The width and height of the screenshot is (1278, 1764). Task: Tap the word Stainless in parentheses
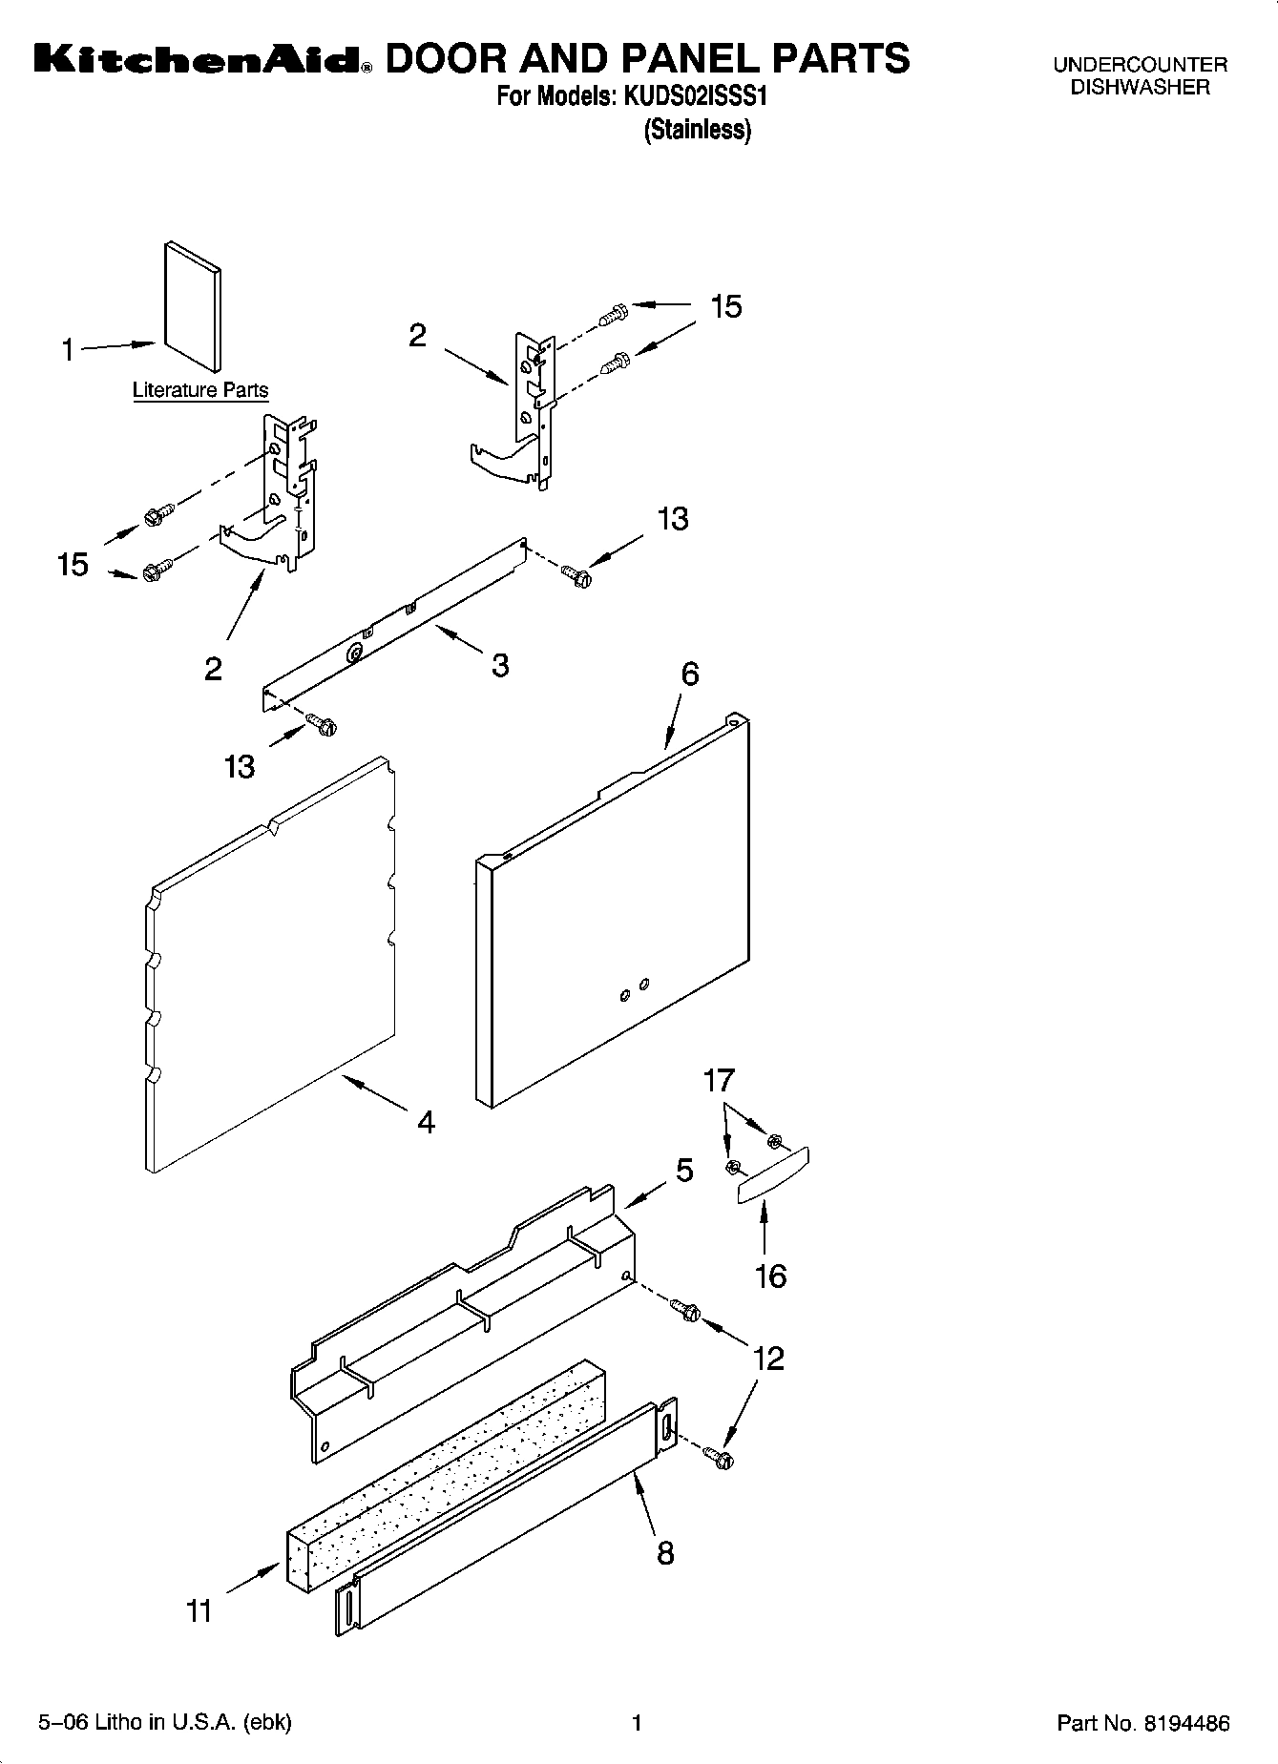(698, 130)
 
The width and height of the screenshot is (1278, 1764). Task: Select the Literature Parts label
(200, 390)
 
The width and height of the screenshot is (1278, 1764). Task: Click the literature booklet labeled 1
(193, 305)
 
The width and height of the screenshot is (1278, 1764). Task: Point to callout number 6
(689, 674)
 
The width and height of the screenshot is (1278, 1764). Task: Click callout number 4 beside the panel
(426, 1122)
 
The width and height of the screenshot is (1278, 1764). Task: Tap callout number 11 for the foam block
(199, 1611)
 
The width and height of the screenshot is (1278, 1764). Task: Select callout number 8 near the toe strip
(665, 1552)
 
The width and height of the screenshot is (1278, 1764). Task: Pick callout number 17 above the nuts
(719, 1081)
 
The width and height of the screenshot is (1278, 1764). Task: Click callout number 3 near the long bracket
(500, 664)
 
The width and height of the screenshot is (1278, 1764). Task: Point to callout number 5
(684, 1171)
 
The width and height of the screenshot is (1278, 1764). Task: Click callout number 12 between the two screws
(768, 1358)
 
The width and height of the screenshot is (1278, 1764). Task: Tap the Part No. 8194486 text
(1143, 1723)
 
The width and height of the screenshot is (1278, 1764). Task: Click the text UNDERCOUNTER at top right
(1140, 66)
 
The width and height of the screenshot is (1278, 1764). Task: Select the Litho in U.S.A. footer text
(164, 1722)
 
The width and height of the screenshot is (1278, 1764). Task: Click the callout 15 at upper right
(726, 306)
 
